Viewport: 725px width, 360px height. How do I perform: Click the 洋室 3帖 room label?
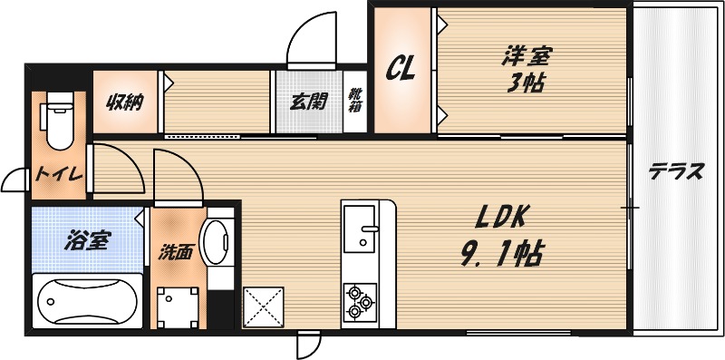(527, 69)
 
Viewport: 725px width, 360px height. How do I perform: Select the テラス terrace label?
(676, 170)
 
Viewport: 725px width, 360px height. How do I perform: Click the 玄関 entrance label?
(308, 102)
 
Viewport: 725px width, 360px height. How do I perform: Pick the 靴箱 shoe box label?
(355, 101)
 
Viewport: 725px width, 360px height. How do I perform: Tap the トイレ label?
(59, 174)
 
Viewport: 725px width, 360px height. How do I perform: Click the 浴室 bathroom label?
(87, 241)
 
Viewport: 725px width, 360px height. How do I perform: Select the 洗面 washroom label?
(177, 251)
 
